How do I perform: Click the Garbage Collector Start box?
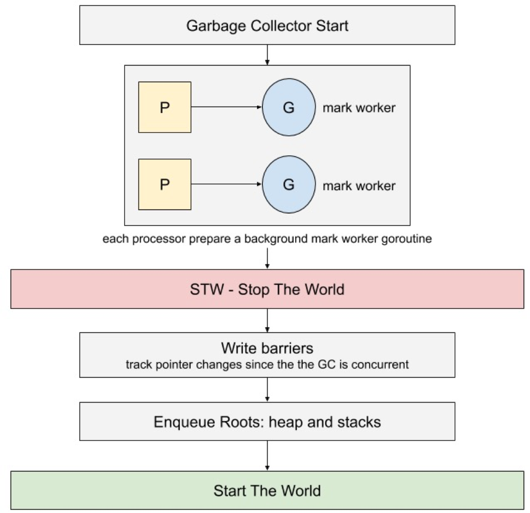click(267, 25)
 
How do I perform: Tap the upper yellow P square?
click(165, 107)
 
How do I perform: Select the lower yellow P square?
click(165, 184)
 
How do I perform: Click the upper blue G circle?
click(289, 107)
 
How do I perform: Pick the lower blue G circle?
click(289, 184)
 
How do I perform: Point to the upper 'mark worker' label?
click(359, 108)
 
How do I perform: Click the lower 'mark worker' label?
click(359, 185)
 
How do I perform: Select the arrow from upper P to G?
click(226, 107)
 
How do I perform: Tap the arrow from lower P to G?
click(226, 184)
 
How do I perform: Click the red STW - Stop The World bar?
click(267, 289)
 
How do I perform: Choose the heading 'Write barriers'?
click(267, 348)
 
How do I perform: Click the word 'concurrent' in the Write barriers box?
click(380, 364)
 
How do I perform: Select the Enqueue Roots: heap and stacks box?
click(267, 421)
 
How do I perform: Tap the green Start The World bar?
click(267, 490)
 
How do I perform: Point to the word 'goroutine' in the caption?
click(406, 239)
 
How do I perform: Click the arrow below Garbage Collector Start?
click(267, 55)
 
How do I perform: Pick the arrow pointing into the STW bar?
click(267, 258)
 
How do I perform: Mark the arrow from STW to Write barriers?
click(267, 321)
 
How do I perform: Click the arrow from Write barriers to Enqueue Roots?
click(267, 390)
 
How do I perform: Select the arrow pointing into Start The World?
click(267, 455)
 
